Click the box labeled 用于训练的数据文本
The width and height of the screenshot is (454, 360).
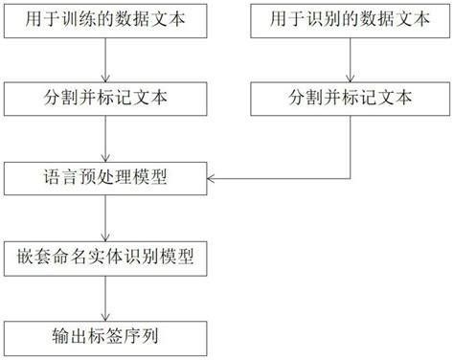(x=106, y=18)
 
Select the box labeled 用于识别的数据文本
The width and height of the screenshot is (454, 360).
(x=349, y=18)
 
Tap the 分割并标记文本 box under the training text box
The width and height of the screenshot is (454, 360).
(x=106, y=98)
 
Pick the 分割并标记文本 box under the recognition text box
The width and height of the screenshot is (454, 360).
(x=349, y=98)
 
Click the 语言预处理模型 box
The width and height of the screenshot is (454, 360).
(x=106, y=177)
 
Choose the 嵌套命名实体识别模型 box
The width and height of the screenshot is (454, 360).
(x=106, y=258)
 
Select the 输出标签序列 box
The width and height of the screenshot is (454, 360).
(x=106, y=337)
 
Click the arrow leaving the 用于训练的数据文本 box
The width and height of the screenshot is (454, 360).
(x=106, y=57)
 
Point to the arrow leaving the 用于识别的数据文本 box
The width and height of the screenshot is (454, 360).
(x=349, y=57)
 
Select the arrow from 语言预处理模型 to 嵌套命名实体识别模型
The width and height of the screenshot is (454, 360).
(x=106, y=217)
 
